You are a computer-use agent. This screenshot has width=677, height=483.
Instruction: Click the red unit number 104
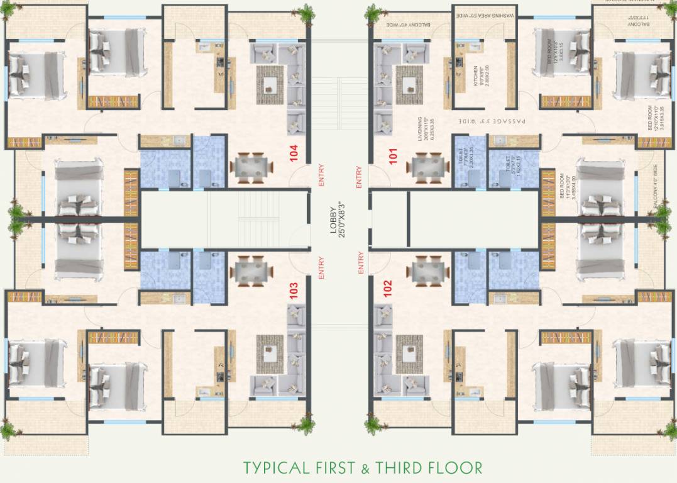point(294,154)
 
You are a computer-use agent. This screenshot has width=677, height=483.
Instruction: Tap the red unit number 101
point(394,155)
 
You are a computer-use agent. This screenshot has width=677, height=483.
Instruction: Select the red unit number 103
point(294,289)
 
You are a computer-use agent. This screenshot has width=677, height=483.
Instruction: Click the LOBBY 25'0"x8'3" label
point(338,218)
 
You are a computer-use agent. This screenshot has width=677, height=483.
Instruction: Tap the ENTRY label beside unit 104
point(322,175)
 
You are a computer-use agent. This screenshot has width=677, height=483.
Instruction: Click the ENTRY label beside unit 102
point(361,262)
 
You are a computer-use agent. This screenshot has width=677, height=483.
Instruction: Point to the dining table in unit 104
point(251,166)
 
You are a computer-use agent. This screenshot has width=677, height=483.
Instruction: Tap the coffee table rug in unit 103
point(271,350)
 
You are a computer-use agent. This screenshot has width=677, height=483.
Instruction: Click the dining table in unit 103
point(251,271)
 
